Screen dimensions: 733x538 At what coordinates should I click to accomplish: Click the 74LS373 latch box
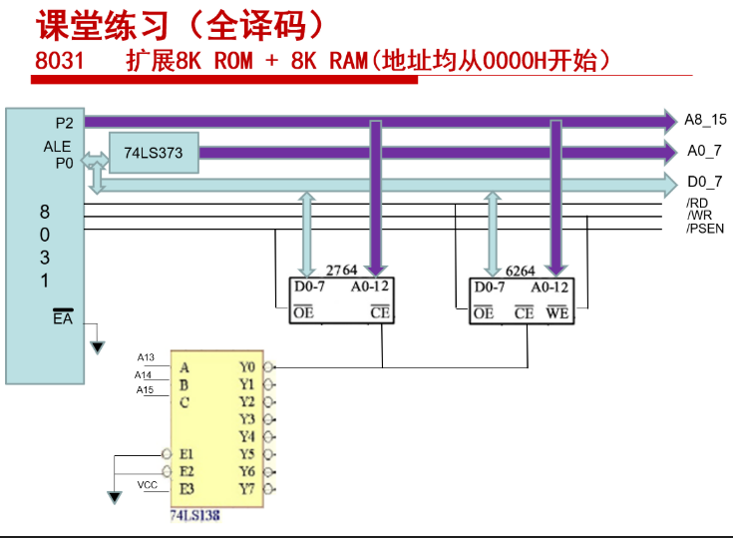pyautogui.click(x=154, y=153)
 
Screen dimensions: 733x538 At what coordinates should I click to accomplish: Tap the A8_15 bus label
pyautogui.click(x=705, y=120)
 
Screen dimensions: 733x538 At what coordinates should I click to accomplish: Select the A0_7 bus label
pyautogui.click(x=704, y=151)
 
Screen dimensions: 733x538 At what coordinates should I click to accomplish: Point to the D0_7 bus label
pyautogui.click(x=704, y=182)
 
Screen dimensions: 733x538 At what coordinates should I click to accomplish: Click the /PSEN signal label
pyautogui.click(x=705, y=229)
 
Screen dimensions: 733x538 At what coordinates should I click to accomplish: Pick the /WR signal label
pyautogui.click(x=699, y=216)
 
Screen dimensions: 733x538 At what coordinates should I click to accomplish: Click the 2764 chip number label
pyautogui.click(x=341, y=270)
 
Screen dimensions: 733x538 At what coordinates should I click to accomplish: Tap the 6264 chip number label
pyautogui.click(x=520, y=271)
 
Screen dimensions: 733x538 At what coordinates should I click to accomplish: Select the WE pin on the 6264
pyautogui.click(x=557, y=312)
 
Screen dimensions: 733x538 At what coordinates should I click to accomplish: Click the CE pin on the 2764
pyautogui.click(x=380, y=312)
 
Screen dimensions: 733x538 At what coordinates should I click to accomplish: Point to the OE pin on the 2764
pyautogui.click(x=303, y=312)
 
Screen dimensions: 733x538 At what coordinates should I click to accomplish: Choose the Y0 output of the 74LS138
pyautogui.click(x=247, y=367)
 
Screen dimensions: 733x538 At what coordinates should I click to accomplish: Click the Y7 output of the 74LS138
pyautogui.click(x=247, y=489)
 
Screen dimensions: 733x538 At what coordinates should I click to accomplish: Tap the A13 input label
pyautogui.click(x=146, y=357)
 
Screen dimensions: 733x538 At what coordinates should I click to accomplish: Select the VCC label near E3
pyautogui.click(x=148, y=485)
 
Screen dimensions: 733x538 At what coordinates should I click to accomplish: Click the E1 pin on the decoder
pyautogui.click(x=186, y=454)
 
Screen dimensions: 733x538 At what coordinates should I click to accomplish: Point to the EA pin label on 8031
pyautogui.click(x=63, y=317)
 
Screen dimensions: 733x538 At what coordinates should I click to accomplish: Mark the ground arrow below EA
pyautogui.click(x=98, y=347)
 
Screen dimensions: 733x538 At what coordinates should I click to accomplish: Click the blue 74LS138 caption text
pyautogui.click(x=194, y=516)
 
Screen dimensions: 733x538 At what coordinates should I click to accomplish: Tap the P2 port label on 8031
pyautogui.click(x=65, y=123)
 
